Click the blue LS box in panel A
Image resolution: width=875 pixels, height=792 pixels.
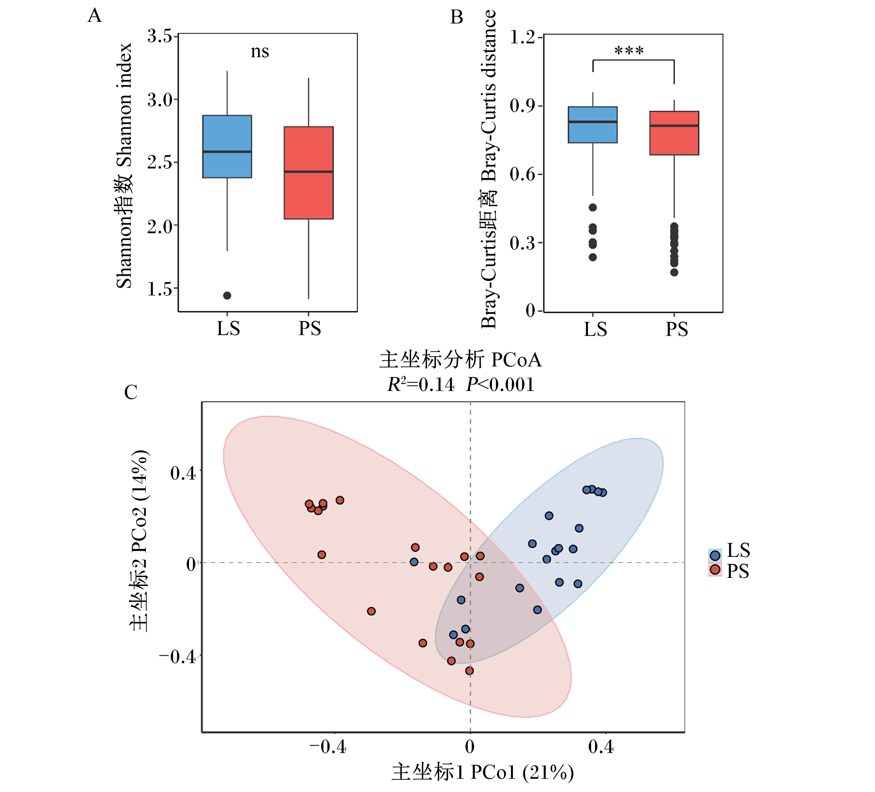227,147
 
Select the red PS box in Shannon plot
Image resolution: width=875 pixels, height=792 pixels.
308,173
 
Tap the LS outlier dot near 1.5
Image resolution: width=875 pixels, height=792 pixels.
227,295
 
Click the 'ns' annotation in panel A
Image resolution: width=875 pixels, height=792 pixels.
260,52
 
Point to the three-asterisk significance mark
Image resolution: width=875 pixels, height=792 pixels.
629,51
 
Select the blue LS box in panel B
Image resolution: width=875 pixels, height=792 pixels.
593,124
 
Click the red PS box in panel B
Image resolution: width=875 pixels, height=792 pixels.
674,133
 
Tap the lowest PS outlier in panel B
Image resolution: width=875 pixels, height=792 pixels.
674,272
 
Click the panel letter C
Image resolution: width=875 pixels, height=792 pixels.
131,392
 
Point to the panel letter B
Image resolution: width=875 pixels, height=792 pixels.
457,17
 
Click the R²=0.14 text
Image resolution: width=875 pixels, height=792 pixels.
421,385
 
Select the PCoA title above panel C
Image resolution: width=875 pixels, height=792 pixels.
461,360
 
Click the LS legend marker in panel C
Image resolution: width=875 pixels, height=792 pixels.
715,555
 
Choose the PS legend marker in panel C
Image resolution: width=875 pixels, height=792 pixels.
715,569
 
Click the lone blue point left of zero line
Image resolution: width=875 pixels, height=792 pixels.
414,562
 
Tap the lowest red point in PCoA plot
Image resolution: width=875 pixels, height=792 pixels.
469,671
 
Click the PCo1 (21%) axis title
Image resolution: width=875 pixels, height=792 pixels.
483,772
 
